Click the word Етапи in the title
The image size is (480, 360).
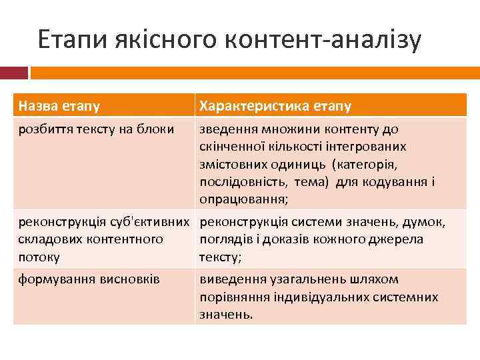(x=67, y=41)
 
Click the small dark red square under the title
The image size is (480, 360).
(x=19, y=72)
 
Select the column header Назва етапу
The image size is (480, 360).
(x=59, y=106)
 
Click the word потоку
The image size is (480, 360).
(x=39, y=257)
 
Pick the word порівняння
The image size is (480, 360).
(x=234, y=297)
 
